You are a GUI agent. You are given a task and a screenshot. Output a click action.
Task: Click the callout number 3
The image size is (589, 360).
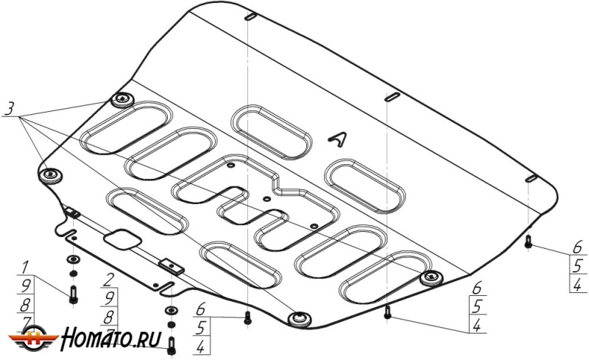click(x=9, y=109)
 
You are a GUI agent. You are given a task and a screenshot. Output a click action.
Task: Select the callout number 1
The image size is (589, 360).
click(x=25, y=267)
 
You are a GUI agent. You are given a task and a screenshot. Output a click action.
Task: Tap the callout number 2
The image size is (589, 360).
click(x=108, y=280)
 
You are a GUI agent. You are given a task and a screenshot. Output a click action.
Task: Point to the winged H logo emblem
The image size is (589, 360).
click(x=33, y=337)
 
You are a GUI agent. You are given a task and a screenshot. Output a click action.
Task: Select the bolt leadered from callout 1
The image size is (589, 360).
click(x=73, y=294)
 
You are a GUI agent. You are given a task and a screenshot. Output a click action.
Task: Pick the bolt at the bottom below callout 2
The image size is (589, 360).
click(x=172, y=345)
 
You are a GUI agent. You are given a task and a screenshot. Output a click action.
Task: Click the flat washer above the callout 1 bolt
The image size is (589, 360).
click(x=73, y=259)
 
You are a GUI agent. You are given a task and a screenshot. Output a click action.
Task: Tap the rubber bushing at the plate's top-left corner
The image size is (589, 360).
click(x=122, y=99)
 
